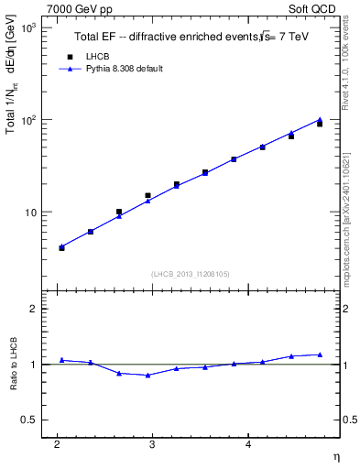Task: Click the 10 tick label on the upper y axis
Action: click(29, 213)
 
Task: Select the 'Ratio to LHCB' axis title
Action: click(14, 365)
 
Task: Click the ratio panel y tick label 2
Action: click(34, 310)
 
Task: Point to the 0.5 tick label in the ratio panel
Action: click(30, 420)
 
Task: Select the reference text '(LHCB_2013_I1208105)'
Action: click(190, 273)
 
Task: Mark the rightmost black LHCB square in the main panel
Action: click(320, 124)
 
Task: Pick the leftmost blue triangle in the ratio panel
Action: click(61, 360)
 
